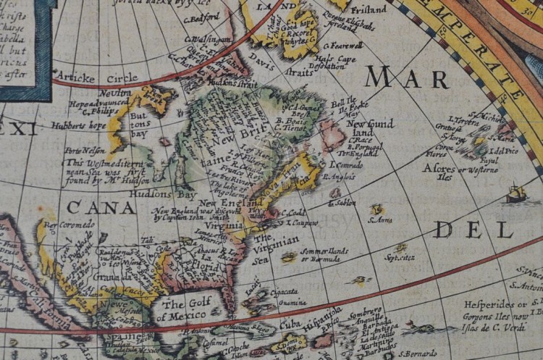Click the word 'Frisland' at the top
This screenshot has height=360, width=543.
(370, 10)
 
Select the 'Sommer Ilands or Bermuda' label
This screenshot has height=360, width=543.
(325, 254)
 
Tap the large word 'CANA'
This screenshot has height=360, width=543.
(101, 209)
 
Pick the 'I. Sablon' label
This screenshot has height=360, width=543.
(343, 204)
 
